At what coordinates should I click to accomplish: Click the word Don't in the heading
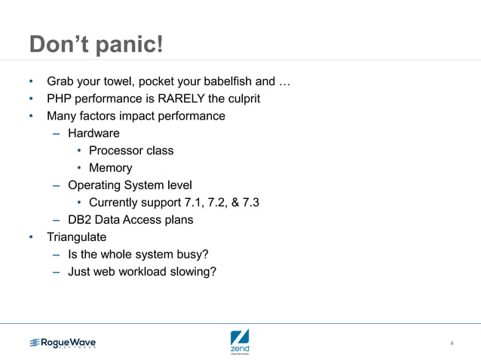click(59, 44)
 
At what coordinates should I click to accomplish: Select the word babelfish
click(225, 81)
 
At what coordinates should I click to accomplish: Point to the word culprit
click(239, 99)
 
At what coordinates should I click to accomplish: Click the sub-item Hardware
click(93, 133)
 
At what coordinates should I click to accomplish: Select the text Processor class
click(131, 151)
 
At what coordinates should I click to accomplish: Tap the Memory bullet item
click(110, 168)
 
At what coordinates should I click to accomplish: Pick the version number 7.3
click(250, 203)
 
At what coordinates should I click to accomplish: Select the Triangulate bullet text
click(77, 237)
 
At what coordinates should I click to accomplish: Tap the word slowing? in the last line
click(193, 272)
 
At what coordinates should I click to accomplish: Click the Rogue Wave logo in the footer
click(63, 343)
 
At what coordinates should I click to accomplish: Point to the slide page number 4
click(452, 344)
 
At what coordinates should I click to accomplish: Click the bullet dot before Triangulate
click(32, 237)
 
